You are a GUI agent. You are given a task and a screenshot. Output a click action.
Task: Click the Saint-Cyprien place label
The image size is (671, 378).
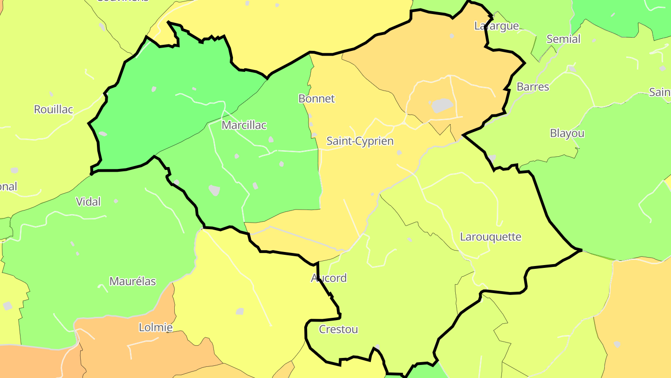click(x=360, y=141)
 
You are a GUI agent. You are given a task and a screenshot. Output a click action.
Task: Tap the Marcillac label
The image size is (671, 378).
click(x=244, y=125)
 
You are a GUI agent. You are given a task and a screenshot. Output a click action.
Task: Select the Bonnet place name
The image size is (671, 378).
click(x=316, y=98)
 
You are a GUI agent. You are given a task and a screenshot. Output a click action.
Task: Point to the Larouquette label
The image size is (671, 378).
click(x=490, y=237)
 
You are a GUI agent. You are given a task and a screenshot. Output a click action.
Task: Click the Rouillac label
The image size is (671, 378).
click(x=54, y=109)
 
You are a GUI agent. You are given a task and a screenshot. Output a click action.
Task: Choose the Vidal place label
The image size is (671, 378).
click(x=88, y=202)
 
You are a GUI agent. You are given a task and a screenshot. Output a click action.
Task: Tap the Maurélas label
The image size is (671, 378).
click(x=132, y=281)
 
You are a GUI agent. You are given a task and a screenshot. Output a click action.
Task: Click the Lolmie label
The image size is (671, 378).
click(x=156, y=328)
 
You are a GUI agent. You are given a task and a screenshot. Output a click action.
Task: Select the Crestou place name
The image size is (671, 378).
click(x=338, y=329)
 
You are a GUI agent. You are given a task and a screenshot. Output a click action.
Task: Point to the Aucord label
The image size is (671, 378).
click(x=329, y=278)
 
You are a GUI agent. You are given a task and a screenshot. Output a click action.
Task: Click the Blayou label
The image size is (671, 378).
click(x=567, y=133)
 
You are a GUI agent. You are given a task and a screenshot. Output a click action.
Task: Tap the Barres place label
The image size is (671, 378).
click(x=533, y=87)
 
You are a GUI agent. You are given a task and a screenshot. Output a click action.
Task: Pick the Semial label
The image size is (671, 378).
click(x=563, y=39)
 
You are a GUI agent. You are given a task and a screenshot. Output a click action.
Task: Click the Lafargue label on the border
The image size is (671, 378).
click(x=496, y=26)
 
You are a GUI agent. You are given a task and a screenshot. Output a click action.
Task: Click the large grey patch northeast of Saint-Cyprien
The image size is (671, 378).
click(x=442, y=105)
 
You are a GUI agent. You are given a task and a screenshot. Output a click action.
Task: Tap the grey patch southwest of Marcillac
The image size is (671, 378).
click(x=214, y=190)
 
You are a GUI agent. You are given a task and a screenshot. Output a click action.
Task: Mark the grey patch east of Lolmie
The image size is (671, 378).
click(x=240, y=311)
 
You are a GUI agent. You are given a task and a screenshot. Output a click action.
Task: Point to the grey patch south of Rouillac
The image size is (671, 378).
click(x=14, y=170)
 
